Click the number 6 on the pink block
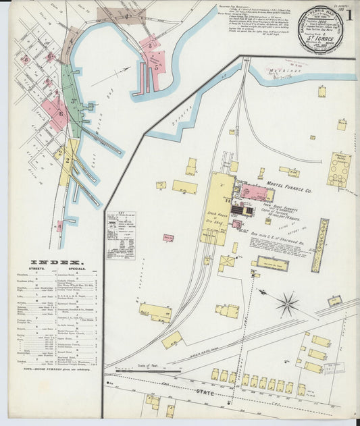pyautogui.click(x=60, y=113)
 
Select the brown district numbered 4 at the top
pyautogui.click(x=125, y=14)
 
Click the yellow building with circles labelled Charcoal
pyautogui.click(x=338, y=169)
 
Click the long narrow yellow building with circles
pyautogui.click(x=320, y=244)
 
